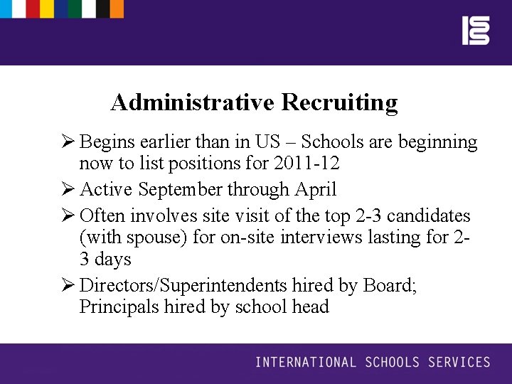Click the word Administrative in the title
pyautogui.click(x=193, y=102)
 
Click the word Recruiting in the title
pyautogui.click(x=339, y=103)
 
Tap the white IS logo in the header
pyautogui.click(x=476, y=31)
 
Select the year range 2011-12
pyautogui.click(x=306, y=164)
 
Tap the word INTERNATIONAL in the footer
pyautogui.click(x=306, y=363)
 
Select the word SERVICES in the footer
pyautogui.click(x=459, y=363)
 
